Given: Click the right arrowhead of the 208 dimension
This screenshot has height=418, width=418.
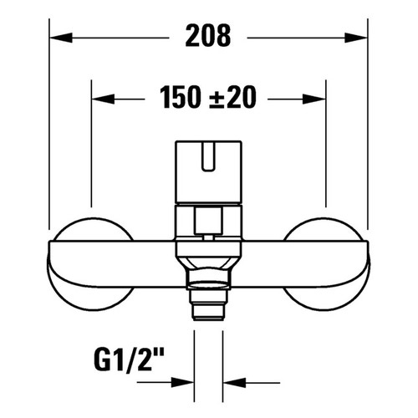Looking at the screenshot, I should [359, 37].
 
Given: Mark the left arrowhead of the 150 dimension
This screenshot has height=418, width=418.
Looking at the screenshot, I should [97, 99].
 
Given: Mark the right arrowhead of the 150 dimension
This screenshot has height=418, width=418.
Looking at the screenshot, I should [319, 99].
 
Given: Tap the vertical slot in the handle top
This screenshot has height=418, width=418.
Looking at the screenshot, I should [208, 158].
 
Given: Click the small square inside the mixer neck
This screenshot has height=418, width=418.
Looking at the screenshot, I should [208, 222].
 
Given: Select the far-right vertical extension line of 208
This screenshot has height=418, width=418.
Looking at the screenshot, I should [367, 125].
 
